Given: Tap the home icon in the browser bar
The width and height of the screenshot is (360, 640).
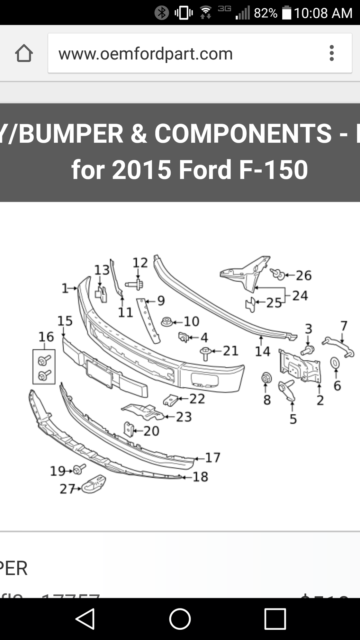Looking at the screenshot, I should tap(24, 53).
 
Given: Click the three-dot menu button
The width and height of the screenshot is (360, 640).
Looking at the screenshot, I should tap(332, 53).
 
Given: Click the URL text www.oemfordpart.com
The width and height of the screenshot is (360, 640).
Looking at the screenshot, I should tap(145, 54).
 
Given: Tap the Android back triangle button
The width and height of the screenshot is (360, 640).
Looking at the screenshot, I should tap(85, 618).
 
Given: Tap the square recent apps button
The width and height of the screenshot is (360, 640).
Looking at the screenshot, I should tap(275, 618).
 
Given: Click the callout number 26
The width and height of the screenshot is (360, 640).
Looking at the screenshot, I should tap(303, 275).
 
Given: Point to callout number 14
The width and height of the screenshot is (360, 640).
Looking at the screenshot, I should tap(262, 351).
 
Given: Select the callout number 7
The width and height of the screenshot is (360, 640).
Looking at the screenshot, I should tap(344, 326).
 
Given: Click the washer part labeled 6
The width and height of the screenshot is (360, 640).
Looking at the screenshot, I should tap(335, 363).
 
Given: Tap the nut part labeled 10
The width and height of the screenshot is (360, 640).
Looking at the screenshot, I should tap(166, 321).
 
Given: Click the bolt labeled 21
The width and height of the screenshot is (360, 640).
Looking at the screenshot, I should tap(205, 353).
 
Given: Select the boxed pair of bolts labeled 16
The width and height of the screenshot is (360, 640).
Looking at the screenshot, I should tap(44, 367).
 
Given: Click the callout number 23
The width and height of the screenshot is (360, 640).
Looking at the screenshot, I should tap(184, 417).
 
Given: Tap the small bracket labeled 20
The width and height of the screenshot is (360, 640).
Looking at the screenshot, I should tap(129, 430).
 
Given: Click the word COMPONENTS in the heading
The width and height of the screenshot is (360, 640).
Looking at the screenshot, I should tap(243, 134).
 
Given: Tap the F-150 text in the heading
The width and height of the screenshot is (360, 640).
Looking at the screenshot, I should tap(273, 170).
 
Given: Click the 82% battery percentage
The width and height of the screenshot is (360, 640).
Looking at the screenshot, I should tap(265, 13).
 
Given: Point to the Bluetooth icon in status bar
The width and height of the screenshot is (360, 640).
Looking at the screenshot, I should tap(161, 13).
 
